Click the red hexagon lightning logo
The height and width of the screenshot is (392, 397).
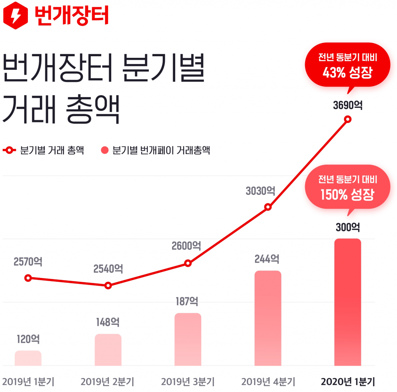coord(16,16)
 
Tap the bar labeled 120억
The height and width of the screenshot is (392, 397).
coord(28,358)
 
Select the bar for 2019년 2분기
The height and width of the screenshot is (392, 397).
coord(108,350)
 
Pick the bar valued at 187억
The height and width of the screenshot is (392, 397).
coord(188,339)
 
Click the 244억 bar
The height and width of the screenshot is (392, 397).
coord(268,318)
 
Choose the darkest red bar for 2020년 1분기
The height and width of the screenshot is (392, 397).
coord(348,302)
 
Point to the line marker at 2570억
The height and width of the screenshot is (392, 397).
coord(28,278)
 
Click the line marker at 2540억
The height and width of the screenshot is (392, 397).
coord(108,286)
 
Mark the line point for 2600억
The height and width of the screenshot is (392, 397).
coord(188,263)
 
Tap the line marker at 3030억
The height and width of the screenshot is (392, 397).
coord(268,207)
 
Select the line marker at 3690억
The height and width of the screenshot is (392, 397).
coord(348,119)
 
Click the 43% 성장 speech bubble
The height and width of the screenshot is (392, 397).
coord(347,65)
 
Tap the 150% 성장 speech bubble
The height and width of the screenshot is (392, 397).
coord(347,187)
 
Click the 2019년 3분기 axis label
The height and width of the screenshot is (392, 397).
coord(188,382)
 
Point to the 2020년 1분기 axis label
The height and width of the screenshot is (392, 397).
coord(348,382)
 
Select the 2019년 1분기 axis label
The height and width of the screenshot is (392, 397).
coord(28,382)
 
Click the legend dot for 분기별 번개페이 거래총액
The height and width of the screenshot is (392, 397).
coord(105,150)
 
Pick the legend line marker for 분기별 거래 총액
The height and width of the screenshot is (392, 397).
coord(9,150)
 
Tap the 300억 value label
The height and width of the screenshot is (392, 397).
coord(348,227)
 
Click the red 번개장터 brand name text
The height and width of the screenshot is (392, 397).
coord(72,16)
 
